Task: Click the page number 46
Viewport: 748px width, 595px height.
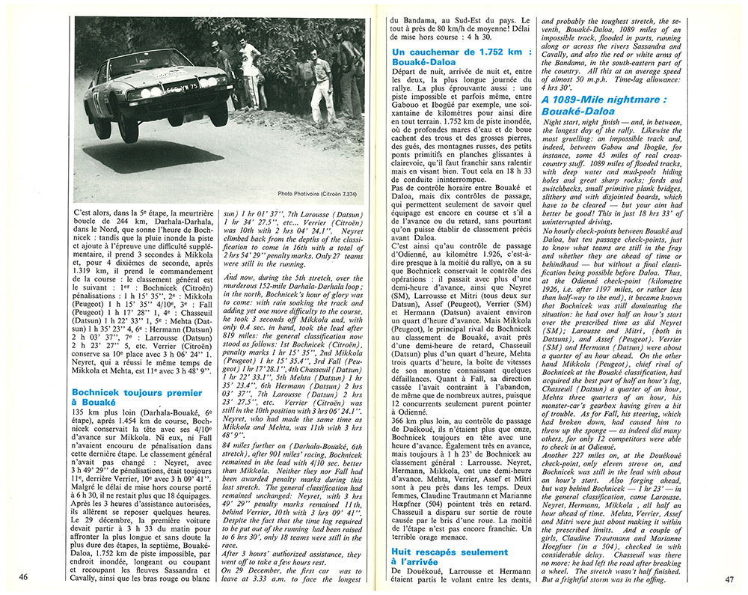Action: coord(24,577)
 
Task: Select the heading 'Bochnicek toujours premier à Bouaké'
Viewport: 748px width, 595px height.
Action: coord(137,397)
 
